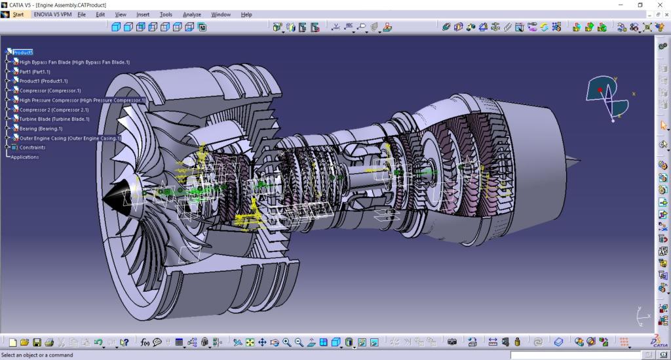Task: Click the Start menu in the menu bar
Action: (18, 14)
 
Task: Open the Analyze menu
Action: (192, 14)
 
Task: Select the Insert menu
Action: (143, 14)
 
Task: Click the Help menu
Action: (246, 14)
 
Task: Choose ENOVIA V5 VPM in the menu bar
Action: (52, 14)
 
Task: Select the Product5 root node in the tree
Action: (22, 52)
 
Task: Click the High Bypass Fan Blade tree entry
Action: (74, 62)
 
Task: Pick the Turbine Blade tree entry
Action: (54, 119)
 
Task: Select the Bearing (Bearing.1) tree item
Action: (41, 129)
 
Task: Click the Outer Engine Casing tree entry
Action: (69, 138)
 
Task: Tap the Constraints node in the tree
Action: (32, 148)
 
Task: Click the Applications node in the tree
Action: (24, 157)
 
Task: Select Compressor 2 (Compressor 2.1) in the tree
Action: (54, 110)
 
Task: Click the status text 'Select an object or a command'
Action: (37, 355)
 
